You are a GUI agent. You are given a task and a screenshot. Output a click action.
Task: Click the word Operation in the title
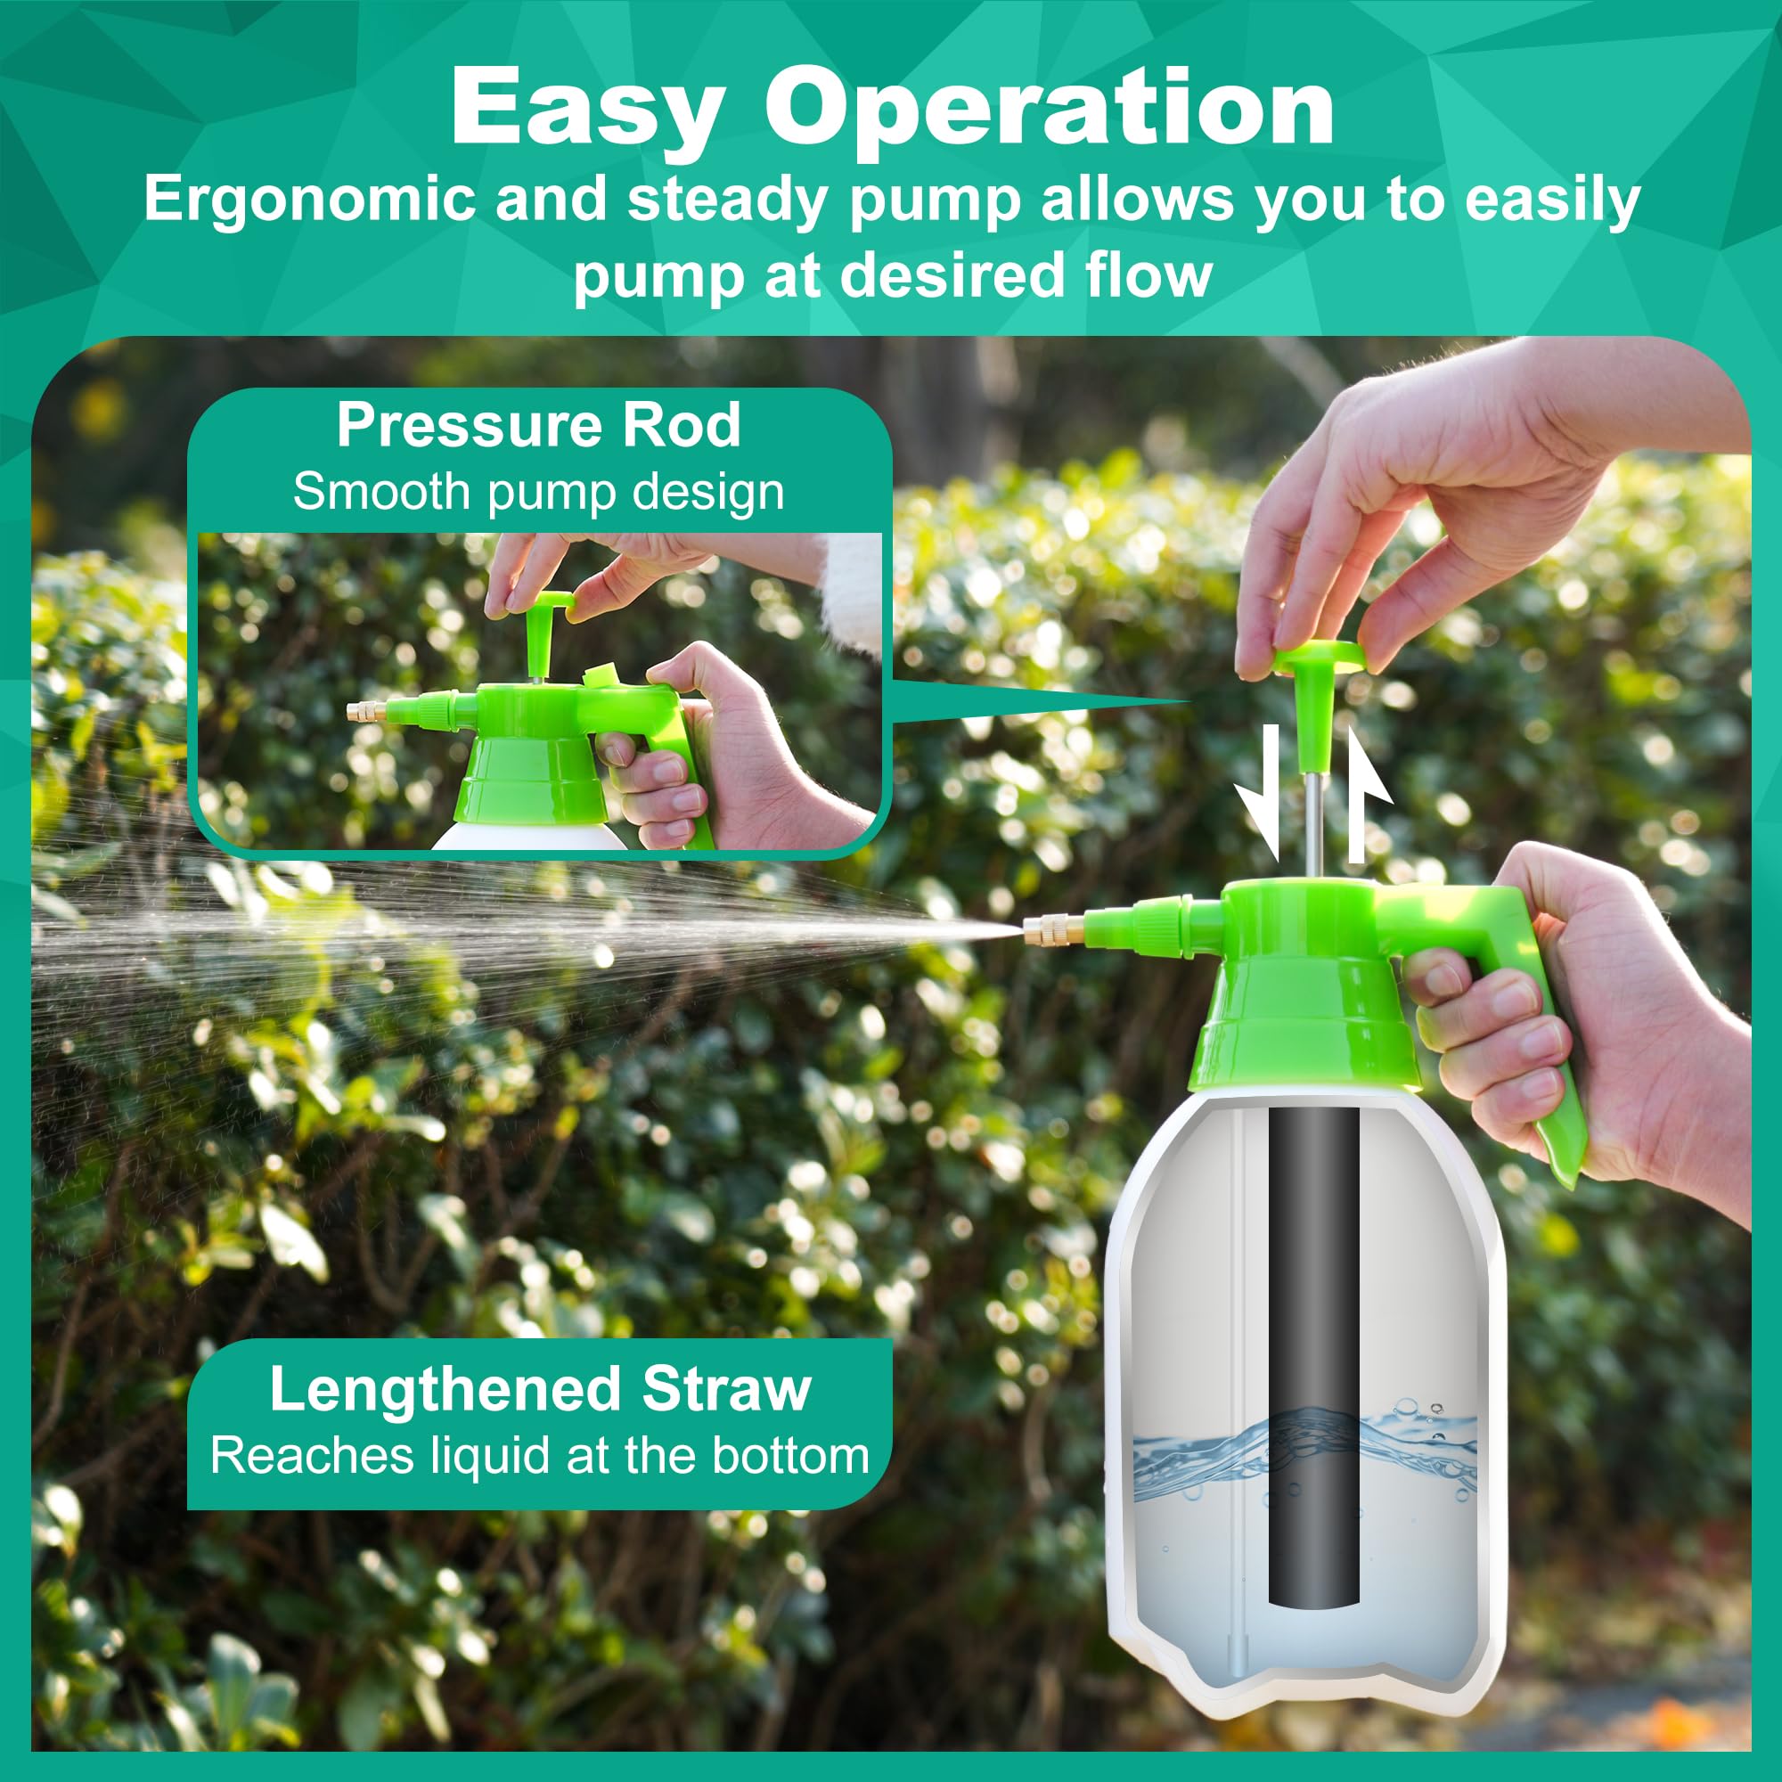[1050, 108]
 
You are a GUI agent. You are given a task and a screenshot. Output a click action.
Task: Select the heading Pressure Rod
[539, 425]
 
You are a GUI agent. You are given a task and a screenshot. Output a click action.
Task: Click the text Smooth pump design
[539, 492]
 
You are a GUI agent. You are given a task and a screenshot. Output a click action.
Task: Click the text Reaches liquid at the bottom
[540, 1456]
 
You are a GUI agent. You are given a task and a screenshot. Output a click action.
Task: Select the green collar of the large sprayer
[1304, 1024]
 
